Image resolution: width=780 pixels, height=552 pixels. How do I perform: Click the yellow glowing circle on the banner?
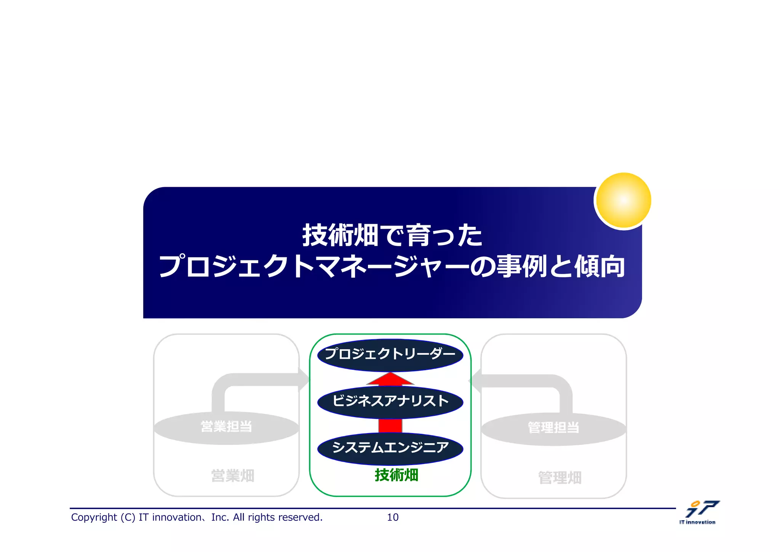tap(623, 201)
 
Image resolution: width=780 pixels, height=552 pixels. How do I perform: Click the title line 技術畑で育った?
tap(392, 235)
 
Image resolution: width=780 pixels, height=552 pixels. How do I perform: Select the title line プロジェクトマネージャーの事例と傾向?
tap(392, 266)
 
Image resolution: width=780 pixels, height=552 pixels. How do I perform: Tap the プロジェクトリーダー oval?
tap(390, 355)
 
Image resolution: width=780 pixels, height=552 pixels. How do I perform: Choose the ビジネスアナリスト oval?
tap(390, 401)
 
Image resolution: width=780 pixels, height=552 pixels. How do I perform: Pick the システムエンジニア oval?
tap(390, 448)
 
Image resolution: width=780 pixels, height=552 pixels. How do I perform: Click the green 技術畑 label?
tap(396, 475)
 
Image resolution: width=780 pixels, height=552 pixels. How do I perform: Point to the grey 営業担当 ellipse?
tap(226, 427)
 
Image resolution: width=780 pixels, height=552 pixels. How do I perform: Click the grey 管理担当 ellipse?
tap(553, 428)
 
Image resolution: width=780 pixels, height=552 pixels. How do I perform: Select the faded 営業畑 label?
tap(233, 476)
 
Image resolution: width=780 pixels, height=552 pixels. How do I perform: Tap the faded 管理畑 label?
tap(559, 478)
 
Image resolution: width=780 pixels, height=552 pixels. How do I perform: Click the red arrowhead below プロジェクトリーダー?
tap(390, 379)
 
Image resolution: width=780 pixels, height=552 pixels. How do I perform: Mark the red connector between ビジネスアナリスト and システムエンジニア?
tap(390, 425)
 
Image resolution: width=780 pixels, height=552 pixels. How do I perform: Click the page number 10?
tap(393, 517)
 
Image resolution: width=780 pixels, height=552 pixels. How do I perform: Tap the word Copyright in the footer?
tap(94, 517)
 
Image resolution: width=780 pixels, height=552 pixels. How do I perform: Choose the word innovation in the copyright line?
tap(177, 517)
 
